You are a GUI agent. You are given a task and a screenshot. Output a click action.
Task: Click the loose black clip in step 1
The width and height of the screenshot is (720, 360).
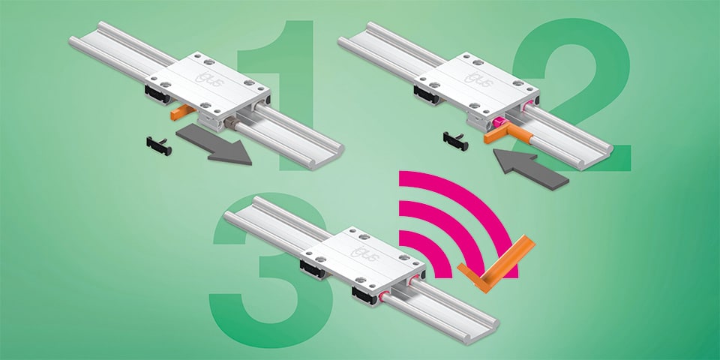[x=159, y=145]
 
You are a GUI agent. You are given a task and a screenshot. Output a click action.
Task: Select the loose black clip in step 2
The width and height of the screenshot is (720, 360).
[x=455, y=142]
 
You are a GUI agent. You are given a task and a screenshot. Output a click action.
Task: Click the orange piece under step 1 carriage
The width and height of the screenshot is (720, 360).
[x=182, y=112]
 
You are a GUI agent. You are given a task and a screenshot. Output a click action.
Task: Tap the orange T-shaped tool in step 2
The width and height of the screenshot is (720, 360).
[x=508, y=135]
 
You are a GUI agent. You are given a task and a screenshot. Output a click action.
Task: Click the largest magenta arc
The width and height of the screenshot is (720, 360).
[x=478, y=197]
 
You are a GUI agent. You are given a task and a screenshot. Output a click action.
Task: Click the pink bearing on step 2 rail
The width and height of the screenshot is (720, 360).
[x=499, y=123]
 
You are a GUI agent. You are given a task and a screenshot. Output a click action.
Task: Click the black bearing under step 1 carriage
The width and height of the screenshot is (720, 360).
[x=158, y=94]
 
